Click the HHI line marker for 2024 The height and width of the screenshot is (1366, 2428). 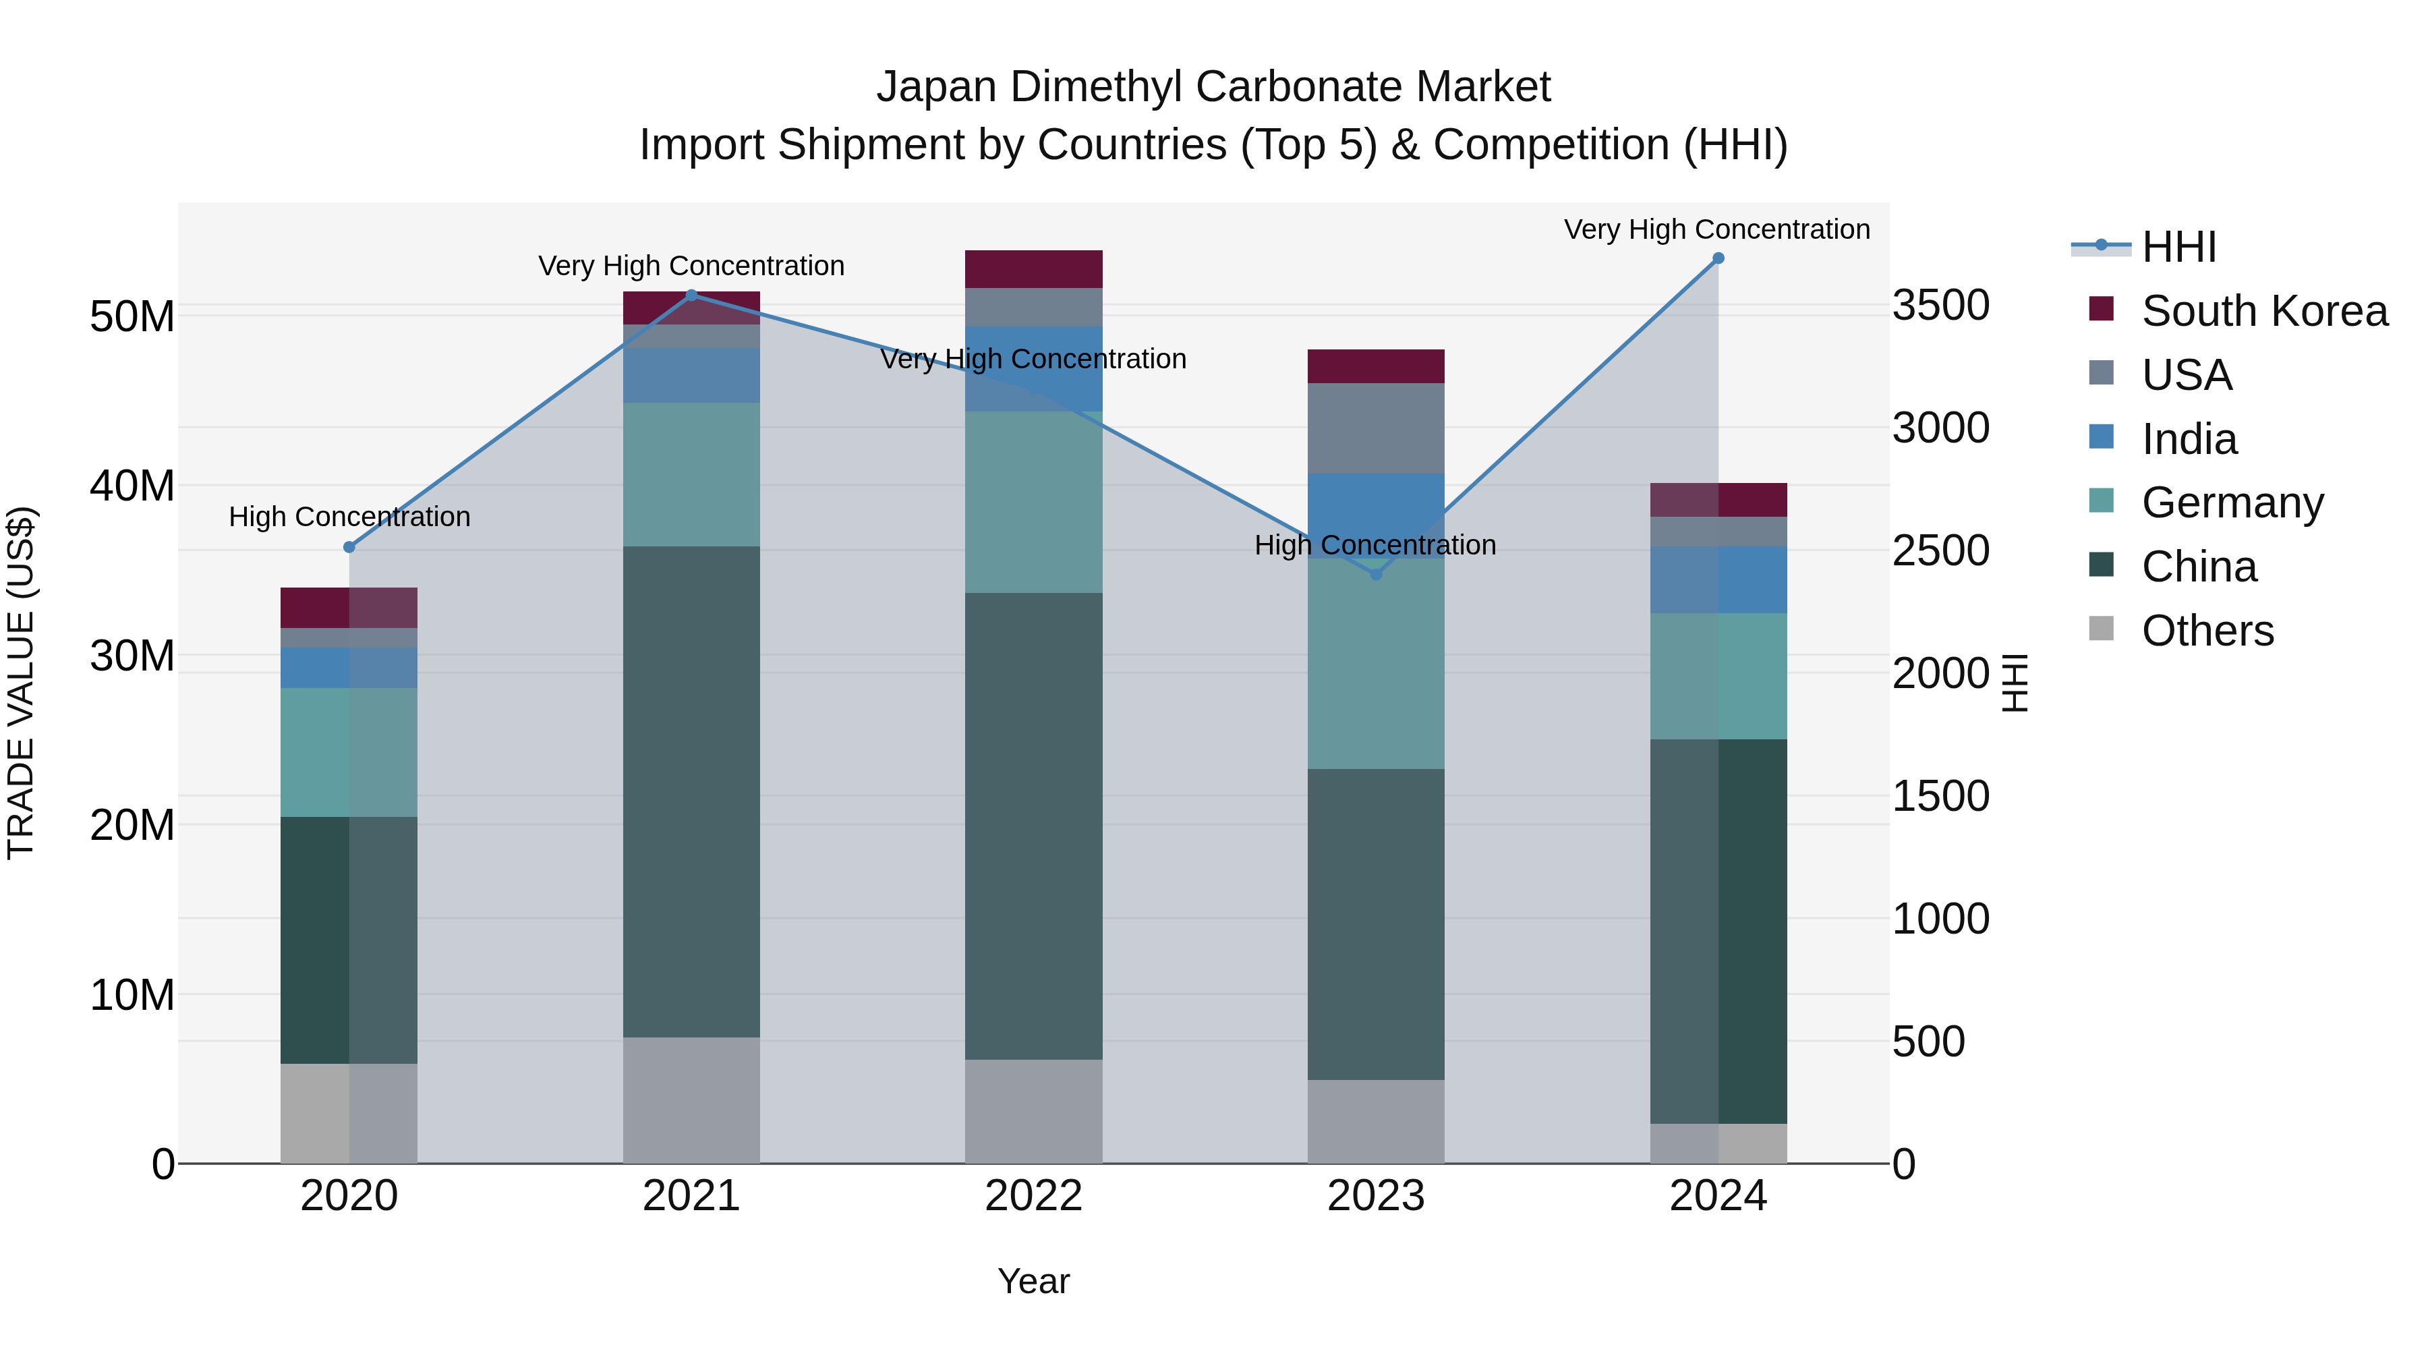click(x=1717, y=258)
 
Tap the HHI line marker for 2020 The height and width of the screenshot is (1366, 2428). click(x=349, y=547)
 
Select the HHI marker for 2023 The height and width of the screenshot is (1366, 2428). click(x=1375, y=574)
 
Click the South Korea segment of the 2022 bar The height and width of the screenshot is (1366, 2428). click(x=1033, y=268)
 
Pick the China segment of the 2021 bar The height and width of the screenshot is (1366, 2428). click(x=691, y=792)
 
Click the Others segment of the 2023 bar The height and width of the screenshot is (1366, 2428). click(x=1375, y=1121)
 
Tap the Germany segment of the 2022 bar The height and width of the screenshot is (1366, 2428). click(x=1033, y=501)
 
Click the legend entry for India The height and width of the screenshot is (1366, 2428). click(x=2189, y=439)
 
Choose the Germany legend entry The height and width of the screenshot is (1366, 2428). click(x=2232, y=503)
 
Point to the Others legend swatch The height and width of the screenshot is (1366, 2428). click(x=2101, y=629)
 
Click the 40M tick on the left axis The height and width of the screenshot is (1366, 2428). click(x=132, y=486)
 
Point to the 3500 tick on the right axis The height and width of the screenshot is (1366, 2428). click(x=1940, y=306)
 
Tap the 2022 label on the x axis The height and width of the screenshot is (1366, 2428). click(x=1033, y=1196)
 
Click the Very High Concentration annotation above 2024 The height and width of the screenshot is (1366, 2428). click(x=1716, y=229)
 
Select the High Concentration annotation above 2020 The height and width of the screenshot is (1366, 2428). click(x=349, y=517)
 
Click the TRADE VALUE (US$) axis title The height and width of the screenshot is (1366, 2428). click(x=21, y=683)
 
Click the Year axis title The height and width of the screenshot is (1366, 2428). click(x=1033, y=1281)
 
